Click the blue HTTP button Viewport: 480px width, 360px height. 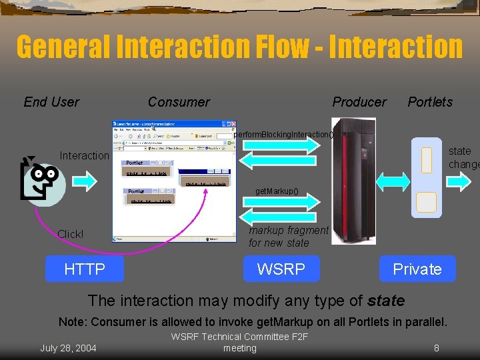[85, 269]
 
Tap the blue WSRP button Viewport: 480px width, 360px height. [281, 269]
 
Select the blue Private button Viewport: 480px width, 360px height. [417, 269]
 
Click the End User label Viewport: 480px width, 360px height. [51, 102]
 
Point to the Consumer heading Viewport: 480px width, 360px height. [179, 102]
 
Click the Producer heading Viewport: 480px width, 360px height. [359, 102]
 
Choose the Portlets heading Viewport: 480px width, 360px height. [430, 102]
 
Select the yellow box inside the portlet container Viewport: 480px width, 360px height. [426, 201]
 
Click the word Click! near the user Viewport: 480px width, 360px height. [71, 234]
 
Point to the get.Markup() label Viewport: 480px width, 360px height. [277, 192]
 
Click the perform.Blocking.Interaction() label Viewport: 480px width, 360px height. [283, 135]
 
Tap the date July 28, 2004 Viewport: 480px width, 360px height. [68, 347]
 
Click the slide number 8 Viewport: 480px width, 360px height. [436, 347]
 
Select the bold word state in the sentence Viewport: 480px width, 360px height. [386, 301]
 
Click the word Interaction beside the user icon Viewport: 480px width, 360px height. [84, 156]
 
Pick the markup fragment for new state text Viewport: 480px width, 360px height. [288, 237]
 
